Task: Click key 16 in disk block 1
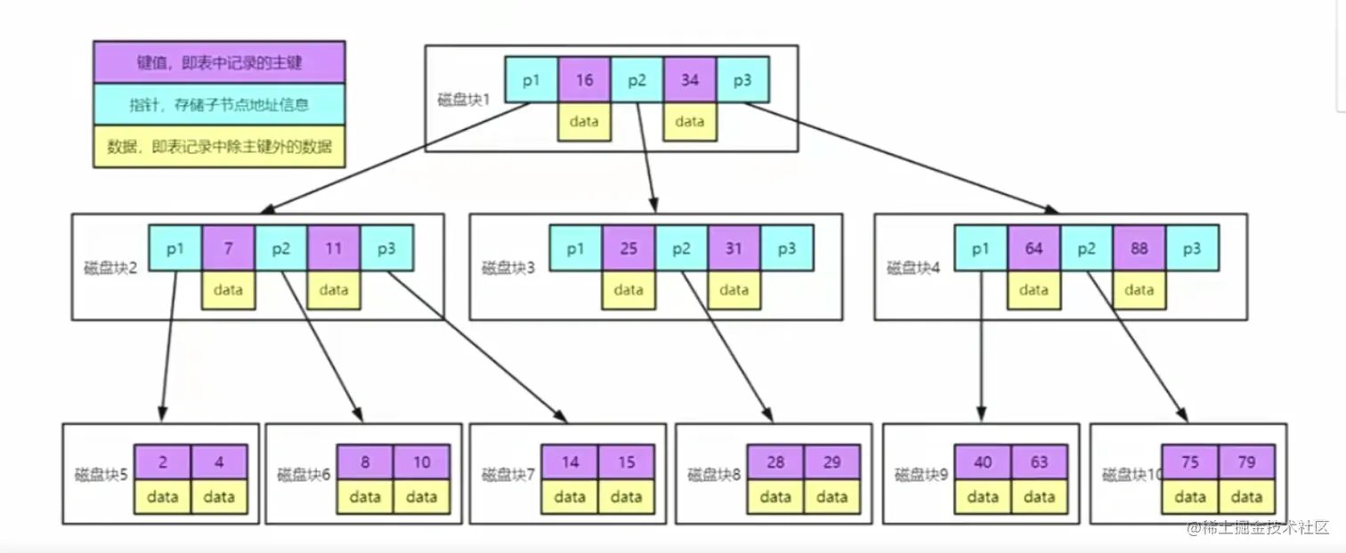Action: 584,80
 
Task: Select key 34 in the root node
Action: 690,80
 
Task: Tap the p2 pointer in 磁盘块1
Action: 637,80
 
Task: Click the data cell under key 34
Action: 690,122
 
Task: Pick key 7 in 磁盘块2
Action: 228,248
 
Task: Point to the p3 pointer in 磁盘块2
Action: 386,248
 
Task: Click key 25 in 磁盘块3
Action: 628,248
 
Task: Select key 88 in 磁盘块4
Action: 1139,248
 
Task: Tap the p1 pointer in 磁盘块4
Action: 981,248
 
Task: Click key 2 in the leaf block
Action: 163,462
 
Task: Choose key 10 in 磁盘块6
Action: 422,462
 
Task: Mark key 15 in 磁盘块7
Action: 627,462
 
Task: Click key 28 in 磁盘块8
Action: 775,462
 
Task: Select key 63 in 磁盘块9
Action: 1039,462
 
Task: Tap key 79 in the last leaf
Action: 1246,462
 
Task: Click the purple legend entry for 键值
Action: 219,62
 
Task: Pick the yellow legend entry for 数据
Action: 219,146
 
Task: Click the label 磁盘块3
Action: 508,267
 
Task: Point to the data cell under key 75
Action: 1190,496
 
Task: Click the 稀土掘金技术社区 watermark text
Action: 1256,527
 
